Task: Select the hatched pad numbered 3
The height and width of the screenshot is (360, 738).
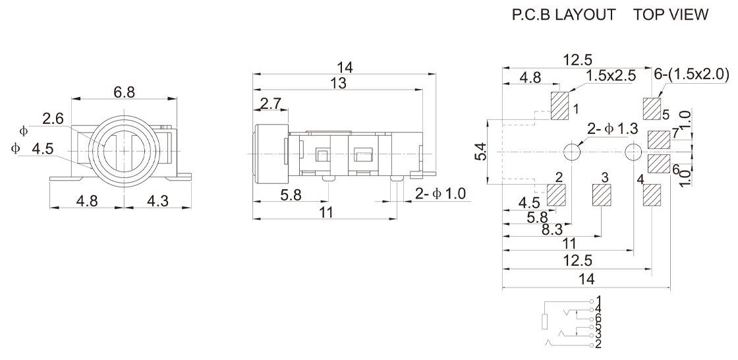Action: [x=601, y=195]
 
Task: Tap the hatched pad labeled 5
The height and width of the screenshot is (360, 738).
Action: [x=652, y=109]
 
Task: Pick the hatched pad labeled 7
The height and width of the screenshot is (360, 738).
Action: [x=659, y=140]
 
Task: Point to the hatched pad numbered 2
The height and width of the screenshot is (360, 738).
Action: [x=556, y=195]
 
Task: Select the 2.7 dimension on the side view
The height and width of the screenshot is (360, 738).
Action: [x=271, y=104]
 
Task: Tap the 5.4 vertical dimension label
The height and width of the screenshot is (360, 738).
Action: [x=481, y=151]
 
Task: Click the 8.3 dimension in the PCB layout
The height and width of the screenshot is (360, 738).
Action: [x=552, y=229]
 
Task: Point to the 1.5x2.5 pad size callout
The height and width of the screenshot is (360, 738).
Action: [x=611, y=75]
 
